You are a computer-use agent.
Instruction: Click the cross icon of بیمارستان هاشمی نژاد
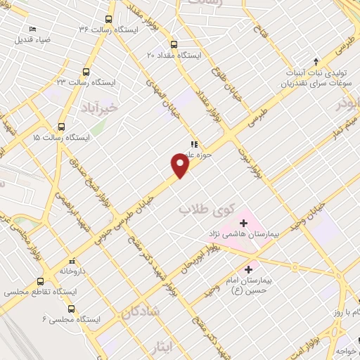243,222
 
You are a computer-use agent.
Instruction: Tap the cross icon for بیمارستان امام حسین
249,269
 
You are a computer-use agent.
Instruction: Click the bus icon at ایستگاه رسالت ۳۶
108,19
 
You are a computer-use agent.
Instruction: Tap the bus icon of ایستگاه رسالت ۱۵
62,127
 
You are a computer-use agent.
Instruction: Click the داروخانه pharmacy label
72,270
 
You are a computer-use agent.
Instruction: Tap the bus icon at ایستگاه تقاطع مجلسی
49,281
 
